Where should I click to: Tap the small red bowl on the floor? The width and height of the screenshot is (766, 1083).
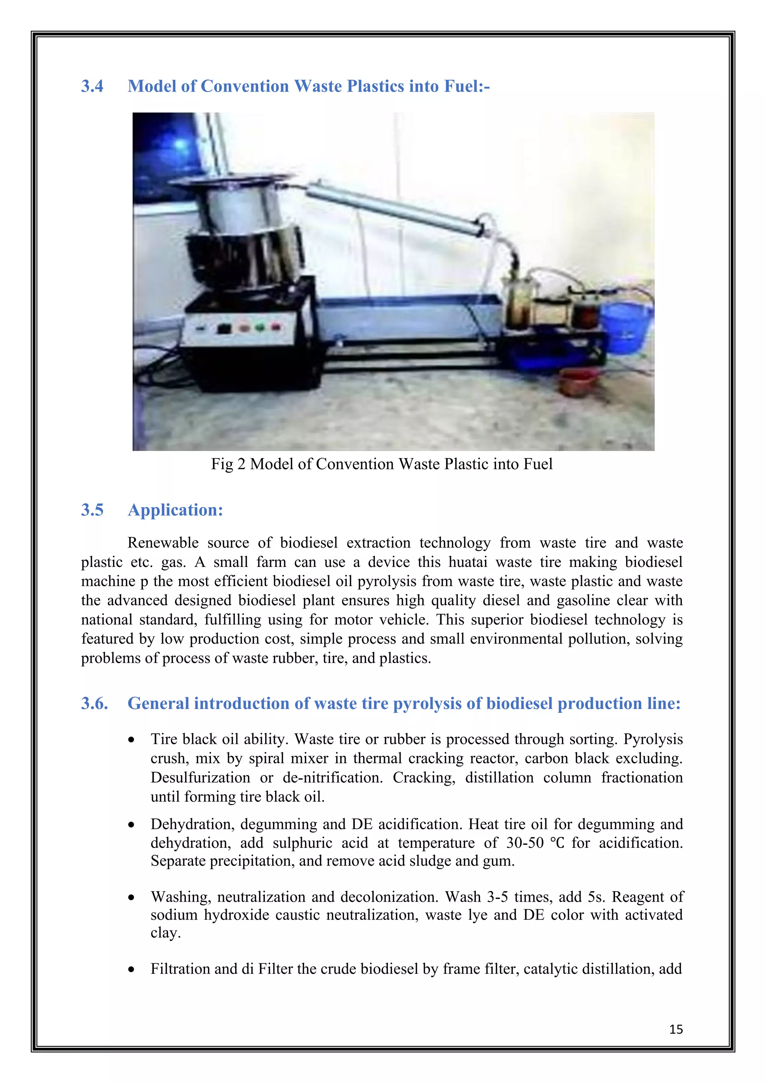(x=578, y=382)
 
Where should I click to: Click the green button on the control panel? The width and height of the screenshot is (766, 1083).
(x=259, y=326)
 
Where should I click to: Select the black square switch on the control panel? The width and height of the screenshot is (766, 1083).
(x=224, y=328)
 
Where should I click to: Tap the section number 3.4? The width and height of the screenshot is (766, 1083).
(x=92, y=86)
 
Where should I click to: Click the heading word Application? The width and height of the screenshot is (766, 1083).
(x=175, y=510)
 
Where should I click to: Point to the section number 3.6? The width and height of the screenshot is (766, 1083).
(x=94, y=703)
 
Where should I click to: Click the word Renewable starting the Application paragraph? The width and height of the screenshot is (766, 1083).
(x=163, y=543)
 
